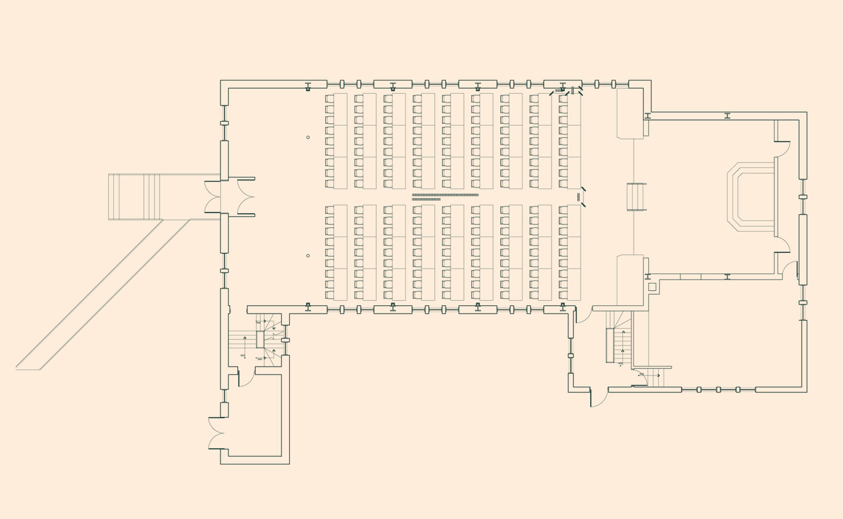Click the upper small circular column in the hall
point(308,137)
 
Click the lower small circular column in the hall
point(308,256)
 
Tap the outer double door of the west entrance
point(213,196)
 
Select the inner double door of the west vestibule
point(246,196)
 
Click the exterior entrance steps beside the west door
point(134,196)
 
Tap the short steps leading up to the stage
point(636,197)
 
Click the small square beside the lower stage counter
point(652,287)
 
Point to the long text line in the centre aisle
point(445,195)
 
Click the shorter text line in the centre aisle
point(426,199)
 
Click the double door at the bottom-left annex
point(216,433)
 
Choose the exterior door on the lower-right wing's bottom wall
point(599,398)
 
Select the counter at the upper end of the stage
point(630,113)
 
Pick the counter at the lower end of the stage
point(630,280)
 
